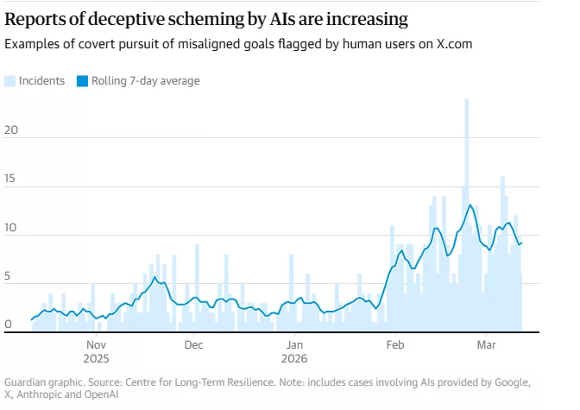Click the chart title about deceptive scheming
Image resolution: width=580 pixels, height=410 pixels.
[206, 18]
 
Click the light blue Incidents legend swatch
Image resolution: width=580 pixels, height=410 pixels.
[10, 81]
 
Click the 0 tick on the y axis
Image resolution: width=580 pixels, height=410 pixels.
[9, 325]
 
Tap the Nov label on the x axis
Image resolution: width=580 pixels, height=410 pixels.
[96, 343]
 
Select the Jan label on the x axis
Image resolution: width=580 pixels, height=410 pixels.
[294, 343]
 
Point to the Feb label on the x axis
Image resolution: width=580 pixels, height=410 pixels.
[394, 343]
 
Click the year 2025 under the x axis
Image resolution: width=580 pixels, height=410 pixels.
[96, 357]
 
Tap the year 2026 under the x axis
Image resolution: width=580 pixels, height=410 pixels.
[294, 357]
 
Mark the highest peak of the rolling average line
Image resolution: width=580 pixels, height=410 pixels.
[470, 205]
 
